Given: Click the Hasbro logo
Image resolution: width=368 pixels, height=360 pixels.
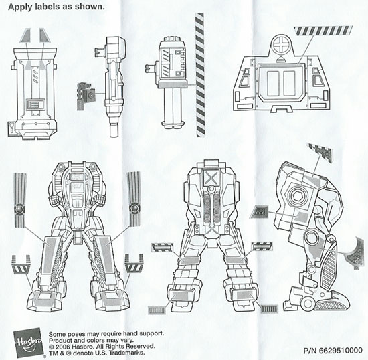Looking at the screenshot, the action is pos(27,341).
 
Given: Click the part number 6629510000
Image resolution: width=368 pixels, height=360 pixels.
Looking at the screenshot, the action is pos(341,351).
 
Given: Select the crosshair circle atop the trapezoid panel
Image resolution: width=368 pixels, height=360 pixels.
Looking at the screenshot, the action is pos(281,45).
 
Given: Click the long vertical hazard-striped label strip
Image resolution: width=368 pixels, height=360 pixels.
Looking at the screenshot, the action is pos(200,75).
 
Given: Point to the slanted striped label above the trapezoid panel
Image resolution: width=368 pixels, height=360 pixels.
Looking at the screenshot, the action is pos(323,31).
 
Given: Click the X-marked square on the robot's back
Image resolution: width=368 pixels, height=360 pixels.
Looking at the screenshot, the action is pos(211,177).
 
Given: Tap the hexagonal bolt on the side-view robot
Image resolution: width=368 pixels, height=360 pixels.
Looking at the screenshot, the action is pos(296,195).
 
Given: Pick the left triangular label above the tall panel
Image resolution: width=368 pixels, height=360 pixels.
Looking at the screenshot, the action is pos(26,35).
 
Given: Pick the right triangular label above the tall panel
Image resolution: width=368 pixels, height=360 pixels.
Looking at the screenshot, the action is pos(45,35).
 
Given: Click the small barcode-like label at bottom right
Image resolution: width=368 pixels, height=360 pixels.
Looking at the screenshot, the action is pos(269,310).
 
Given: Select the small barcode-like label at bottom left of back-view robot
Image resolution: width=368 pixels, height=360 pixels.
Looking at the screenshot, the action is pos(157,310).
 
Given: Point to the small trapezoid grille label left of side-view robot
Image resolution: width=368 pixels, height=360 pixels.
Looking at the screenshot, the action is pos(259,211).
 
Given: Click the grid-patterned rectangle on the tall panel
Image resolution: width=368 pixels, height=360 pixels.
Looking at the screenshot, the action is pos(35,104).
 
